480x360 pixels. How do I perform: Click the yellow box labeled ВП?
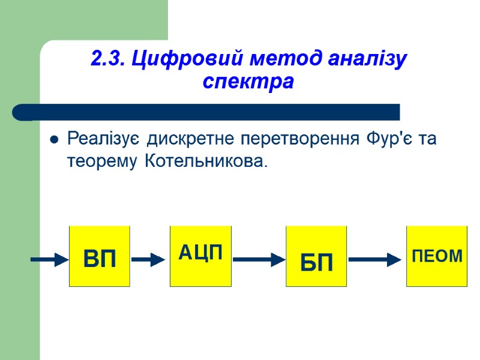click(100, 257)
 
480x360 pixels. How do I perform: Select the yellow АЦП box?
click(200, 257)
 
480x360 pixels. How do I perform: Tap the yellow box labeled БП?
click(316, 257)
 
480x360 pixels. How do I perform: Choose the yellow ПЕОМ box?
click(437, 257)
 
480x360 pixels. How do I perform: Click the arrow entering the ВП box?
click(50, 260)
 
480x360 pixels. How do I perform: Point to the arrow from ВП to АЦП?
click(148, 260)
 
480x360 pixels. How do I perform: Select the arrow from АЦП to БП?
click(259, 260)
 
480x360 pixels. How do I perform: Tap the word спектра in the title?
click(248, 82)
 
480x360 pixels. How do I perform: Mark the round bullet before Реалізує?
click(54, 140)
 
